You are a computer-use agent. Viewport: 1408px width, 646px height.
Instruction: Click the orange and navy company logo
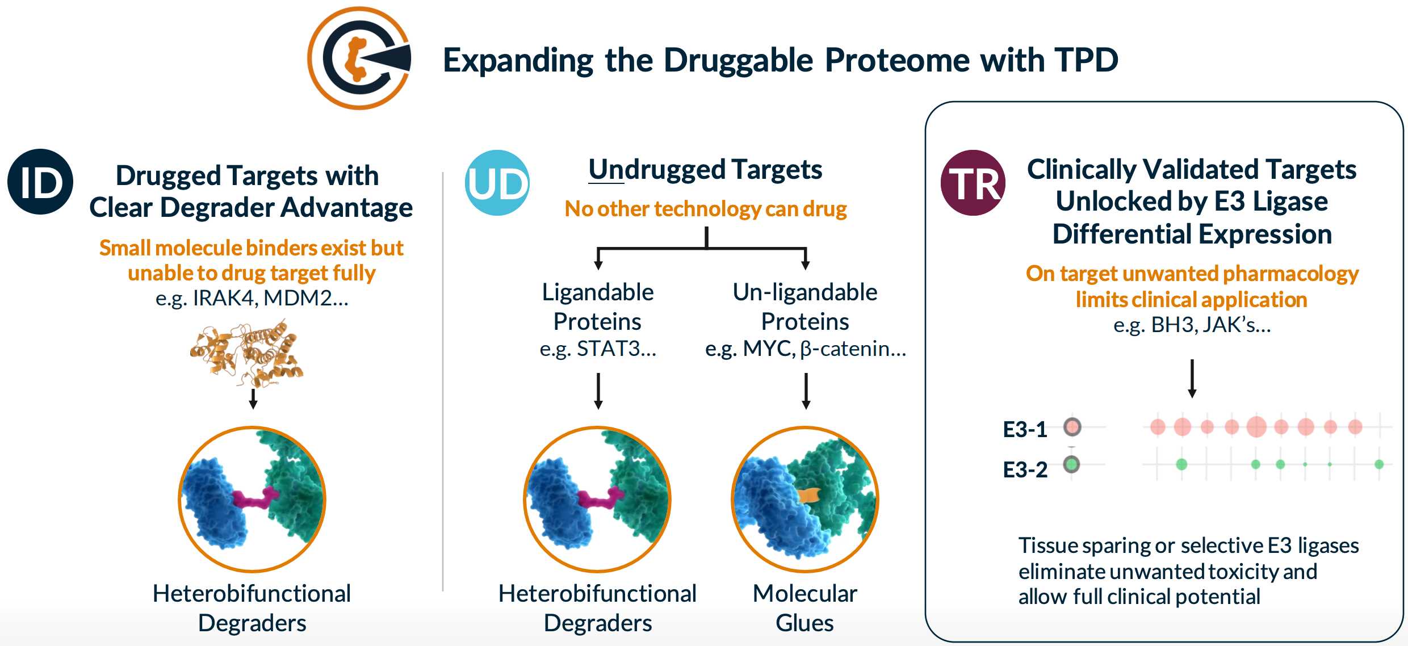point(359,58)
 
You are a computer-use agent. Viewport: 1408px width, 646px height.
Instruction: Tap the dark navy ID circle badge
point(40,182)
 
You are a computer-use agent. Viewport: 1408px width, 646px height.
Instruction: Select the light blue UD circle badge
point(497,183)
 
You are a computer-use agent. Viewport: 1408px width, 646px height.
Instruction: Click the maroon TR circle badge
point(973,183)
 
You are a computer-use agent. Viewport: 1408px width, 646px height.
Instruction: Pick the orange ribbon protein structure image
point(248,353)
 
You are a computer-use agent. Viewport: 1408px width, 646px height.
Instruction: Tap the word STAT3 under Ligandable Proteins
point(608,349)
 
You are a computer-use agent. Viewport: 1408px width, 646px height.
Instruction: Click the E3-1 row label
point(1025,430)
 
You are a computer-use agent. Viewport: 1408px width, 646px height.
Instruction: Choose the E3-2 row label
point(1025,470)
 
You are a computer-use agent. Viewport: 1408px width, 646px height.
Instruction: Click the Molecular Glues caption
point(804,608)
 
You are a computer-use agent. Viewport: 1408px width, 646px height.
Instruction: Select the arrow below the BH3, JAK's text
point(1192,378)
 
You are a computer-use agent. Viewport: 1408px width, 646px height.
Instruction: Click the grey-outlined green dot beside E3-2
point(1071,464)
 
